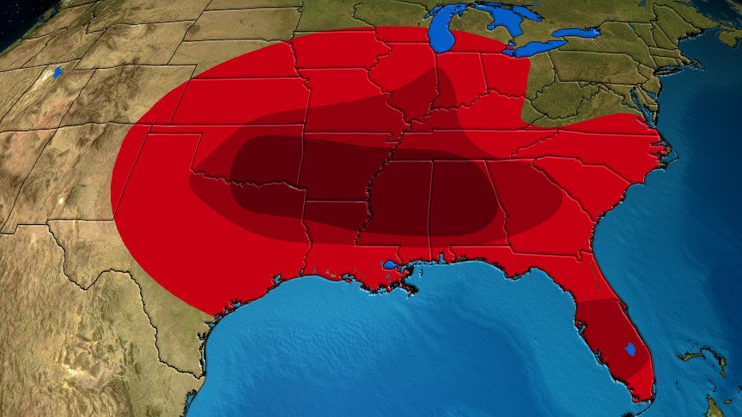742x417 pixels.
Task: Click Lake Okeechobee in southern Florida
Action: (631, 349)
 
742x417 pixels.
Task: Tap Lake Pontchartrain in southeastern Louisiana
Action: (390, 265)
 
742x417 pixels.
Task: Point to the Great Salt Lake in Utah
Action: (58, 73)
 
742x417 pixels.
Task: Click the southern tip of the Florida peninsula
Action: (641, 397)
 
